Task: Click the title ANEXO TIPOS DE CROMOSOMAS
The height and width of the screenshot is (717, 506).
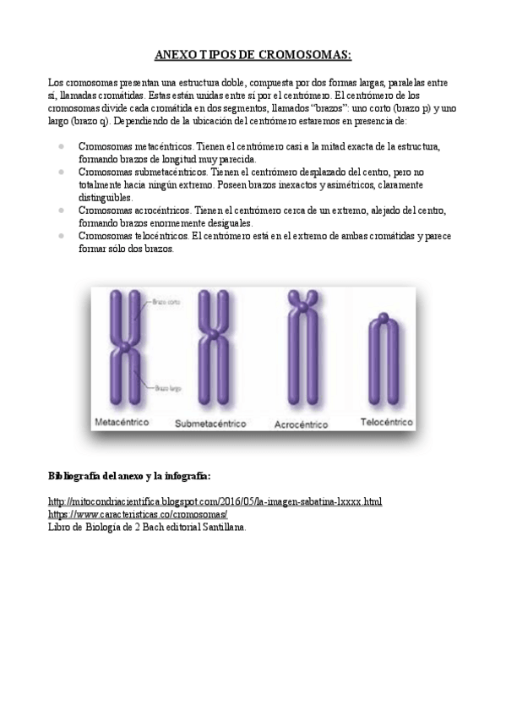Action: click(253, 55)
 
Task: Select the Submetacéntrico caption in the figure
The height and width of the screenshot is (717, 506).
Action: click(209, 423)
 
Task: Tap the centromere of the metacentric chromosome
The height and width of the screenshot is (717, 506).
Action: click(125, 346)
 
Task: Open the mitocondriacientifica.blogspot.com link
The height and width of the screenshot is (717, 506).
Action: click(215, 501)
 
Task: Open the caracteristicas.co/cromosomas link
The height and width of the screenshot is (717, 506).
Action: click(139, 514)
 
